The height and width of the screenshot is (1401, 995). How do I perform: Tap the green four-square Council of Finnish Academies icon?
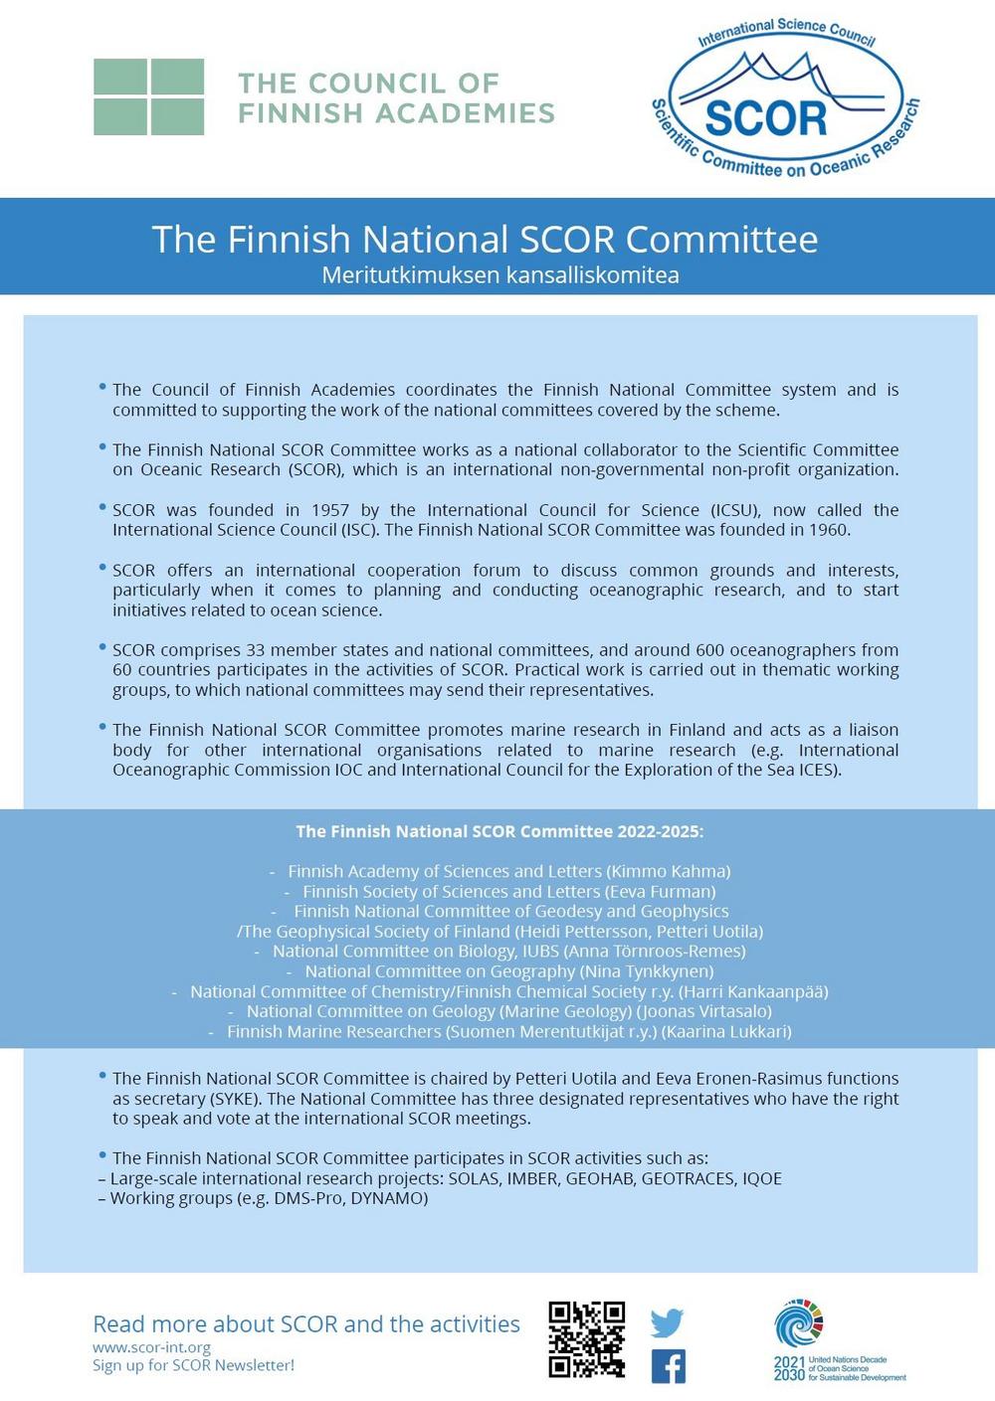tap(148, 96)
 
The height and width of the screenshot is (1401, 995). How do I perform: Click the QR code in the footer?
tap(586, 1338)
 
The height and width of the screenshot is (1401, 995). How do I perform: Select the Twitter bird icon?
tap(667, 1322)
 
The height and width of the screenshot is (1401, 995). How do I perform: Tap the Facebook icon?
tap(668, 1366)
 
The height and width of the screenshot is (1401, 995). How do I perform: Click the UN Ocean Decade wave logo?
tap(798, 1323)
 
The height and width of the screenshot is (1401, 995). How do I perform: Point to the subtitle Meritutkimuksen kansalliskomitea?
tap(499, 274)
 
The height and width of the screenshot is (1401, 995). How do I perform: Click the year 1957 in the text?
tap(330, 510)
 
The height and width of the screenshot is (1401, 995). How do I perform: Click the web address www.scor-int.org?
tap(151, 1347)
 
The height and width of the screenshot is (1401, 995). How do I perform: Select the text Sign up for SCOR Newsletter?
tap(193, 1365)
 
